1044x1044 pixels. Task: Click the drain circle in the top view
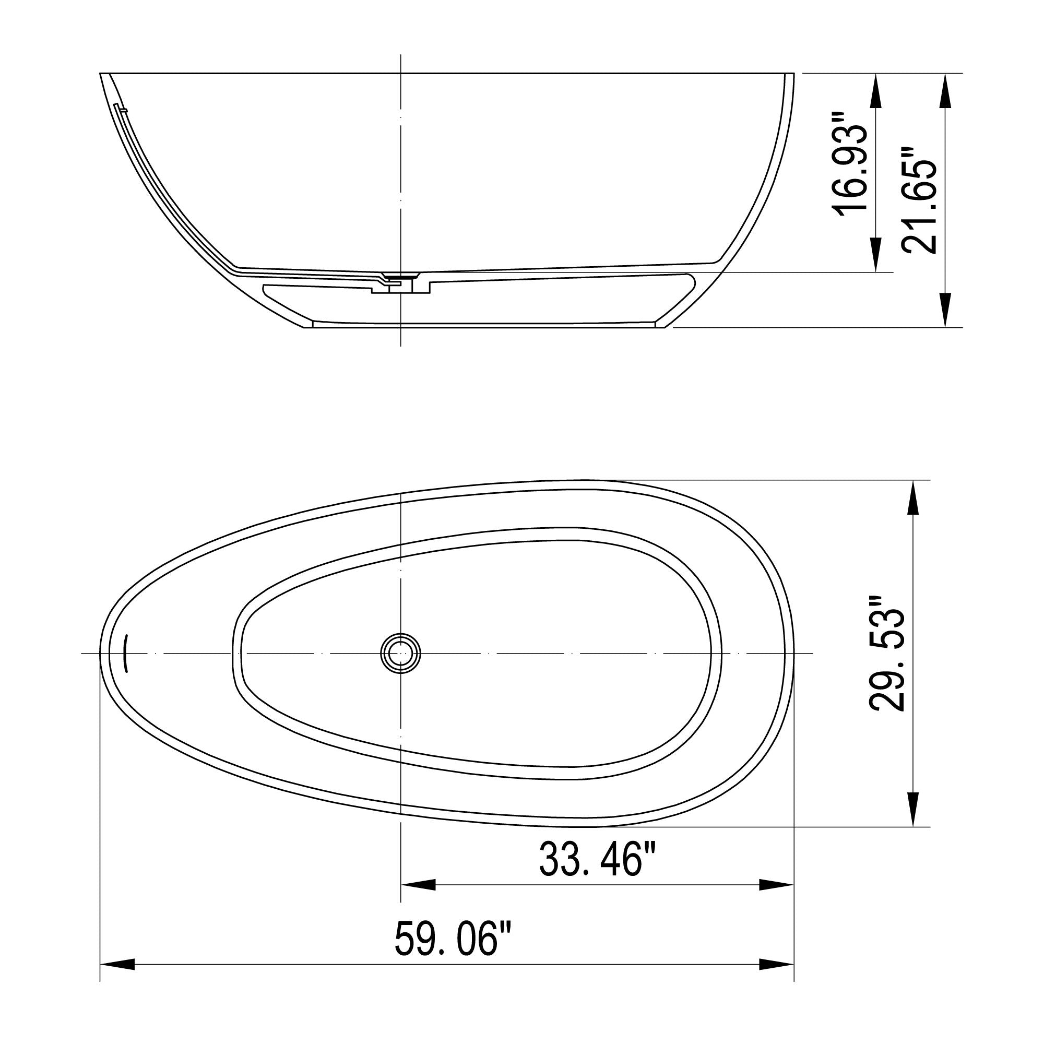tap(400, 654)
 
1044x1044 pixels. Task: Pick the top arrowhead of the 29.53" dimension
tap(912, 497)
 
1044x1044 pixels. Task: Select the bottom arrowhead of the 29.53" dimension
tap(912, 809)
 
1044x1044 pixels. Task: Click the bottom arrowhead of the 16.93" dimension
tap(876, 255)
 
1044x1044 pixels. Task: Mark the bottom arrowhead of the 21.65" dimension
tap(945, 310)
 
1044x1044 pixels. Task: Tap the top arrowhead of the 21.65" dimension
tap(945, 90)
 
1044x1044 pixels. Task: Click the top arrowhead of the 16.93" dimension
tap(876, 90)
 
